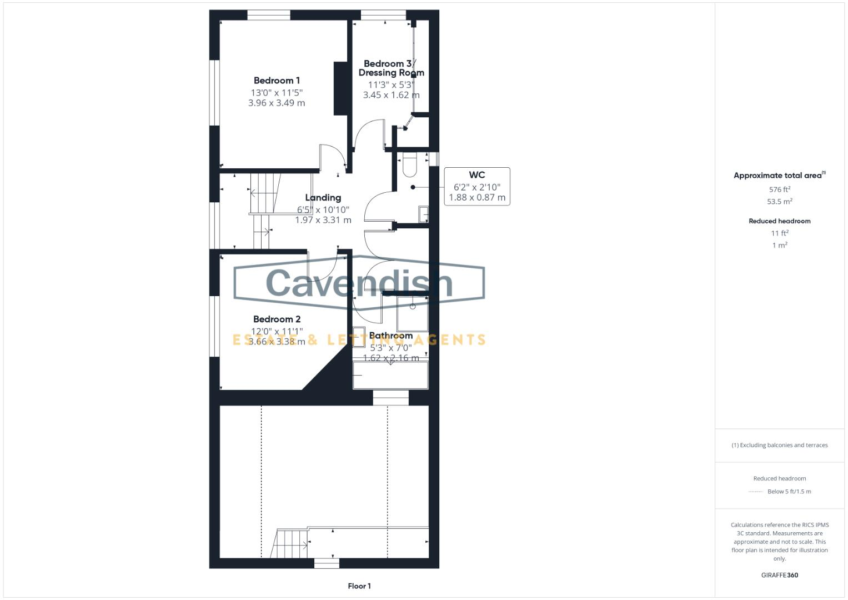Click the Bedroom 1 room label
(277, 81)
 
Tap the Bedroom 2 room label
(277, 319)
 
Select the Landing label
(323, 198)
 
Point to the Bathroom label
(390, 336)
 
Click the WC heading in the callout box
(477, 175)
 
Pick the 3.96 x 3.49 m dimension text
(277, 103)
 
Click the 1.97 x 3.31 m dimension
(323, 220)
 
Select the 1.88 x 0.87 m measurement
(477, 197)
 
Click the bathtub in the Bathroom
(390, 376)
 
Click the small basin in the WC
(423, 214)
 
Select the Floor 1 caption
(359, 586)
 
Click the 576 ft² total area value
(779, 189)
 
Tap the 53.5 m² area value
(779, 202)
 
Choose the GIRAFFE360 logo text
(779, 575)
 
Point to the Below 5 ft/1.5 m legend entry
(789, 492)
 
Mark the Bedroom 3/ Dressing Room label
(391, 68)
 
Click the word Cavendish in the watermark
(359, 283)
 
